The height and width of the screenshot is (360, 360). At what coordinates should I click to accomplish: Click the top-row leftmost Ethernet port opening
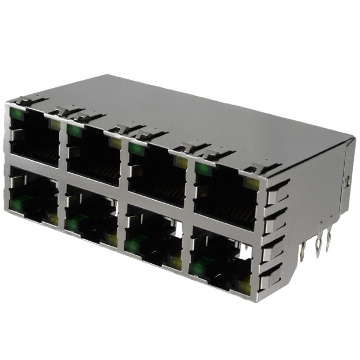pos(34,138)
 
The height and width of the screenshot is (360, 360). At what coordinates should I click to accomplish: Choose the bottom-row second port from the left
pos(90,217)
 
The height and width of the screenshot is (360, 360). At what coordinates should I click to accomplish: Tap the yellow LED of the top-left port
pos(55,125)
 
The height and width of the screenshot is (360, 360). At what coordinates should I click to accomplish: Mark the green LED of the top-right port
pos(201,169)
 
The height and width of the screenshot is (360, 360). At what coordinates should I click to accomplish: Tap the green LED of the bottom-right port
pos(196,269)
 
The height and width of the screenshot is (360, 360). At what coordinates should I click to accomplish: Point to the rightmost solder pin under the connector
pos(328,242)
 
